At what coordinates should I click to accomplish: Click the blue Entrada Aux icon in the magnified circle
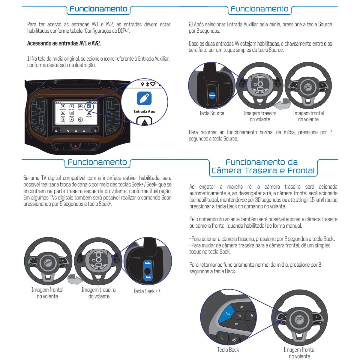[x=144, y=98]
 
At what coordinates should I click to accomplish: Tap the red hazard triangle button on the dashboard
[x=76, y=146]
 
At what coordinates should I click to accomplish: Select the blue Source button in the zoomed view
[x=212, y=95]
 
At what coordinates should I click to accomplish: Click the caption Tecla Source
[x=212, y=113]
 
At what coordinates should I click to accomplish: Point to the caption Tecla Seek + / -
[x=148, y=291]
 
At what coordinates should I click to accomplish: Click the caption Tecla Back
[x=228, y=349]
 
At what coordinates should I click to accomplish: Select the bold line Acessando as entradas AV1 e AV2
[x=64, y=43]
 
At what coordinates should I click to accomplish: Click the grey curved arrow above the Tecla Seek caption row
[x=75, y=279]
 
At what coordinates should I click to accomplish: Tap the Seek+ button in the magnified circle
[x=148, y=263]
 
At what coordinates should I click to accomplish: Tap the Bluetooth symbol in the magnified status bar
[x=147, y=84]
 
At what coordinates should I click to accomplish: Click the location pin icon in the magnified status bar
[x=142, y=84]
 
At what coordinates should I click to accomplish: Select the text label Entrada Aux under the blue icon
[x=144, y=112]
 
